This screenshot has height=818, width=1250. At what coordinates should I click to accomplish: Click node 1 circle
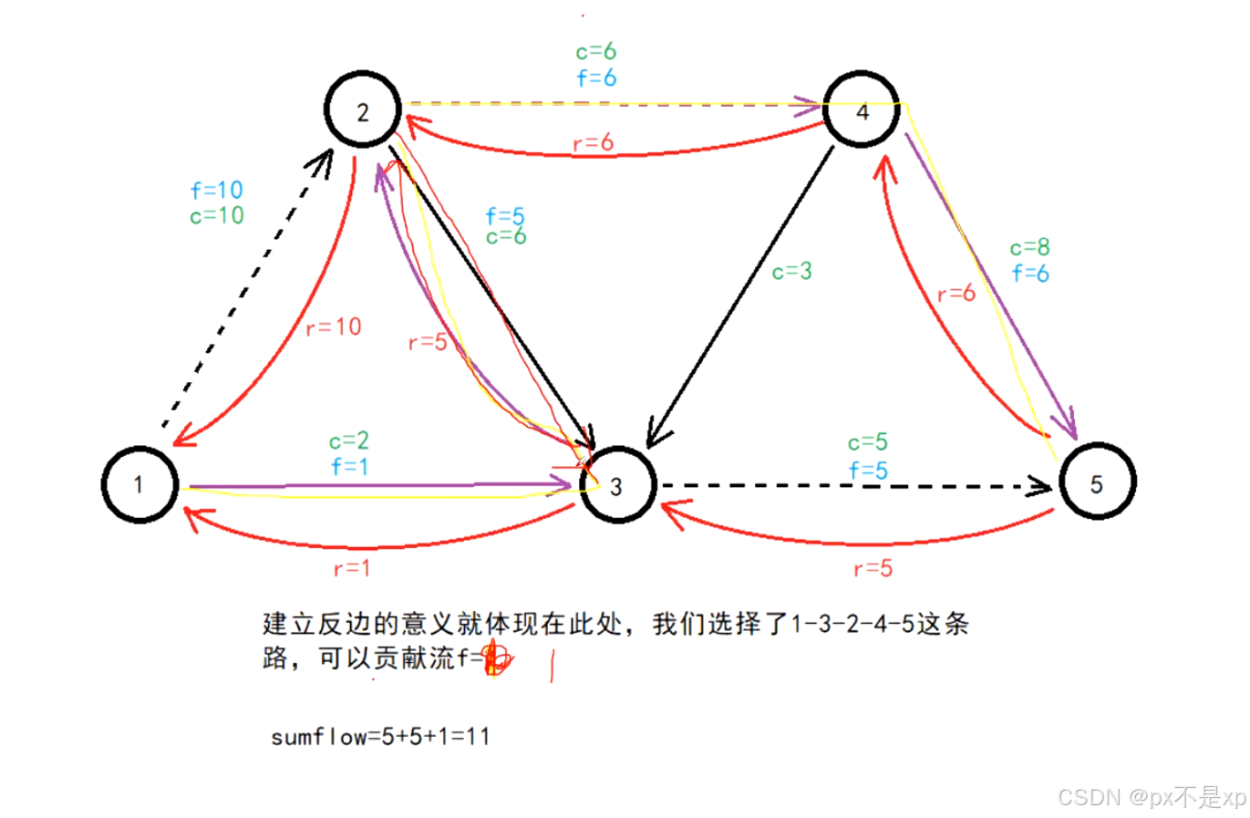139,484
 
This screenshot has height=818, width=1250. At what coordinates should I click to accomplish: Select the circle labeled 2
363,110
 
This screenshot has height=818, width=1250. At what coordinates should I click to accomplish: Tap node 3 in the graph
617,485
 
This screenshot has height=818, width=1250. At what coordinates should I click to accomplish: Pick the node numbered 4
862,110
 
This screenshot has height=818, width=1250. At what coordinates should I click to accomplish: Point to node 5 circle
1097,482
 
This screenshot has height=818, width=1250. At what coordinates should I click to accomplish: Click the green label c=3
791,272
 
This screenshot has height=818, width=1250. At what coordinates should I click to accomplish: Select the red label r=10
334,327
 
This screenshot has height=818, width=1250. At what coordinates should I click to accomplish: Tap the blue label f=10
217,191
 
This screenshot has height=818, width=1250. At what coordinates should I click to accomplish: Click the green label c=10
217,216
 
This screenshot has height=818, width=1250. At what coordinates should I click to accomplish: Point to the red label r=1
352,569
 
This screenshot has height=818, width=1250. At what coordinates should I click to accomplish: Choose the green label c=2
349,441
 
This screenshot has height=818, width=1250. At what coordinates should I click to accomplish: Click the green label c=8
1029,247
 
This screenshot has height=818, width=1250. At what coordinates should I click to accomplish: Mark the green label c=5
867,443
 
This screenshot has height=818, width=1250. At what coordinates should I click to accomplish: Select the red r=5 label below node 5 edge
873,569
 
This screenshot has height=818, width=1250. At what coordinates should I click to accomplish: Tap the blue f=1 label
349,467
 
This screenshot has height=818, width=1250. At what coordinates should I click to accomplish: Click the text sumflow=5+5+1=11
380,737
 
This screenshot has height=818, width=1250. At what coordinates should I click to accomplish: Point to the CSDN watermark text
1151,797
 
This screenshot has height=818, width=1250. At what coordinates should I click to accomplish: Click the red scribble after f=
497,658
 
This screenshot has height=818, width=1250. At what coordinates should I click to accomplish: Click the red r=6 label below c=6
593,143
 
